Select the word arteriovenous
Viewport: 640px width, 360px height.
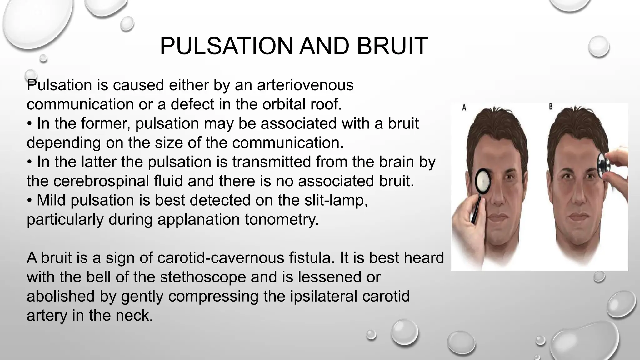(x=305, y=85)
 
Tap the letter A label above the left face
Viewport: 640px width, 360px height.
(x=464, y=107)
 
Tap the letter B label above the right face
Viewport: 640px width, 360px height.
(x=551, y=107)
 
